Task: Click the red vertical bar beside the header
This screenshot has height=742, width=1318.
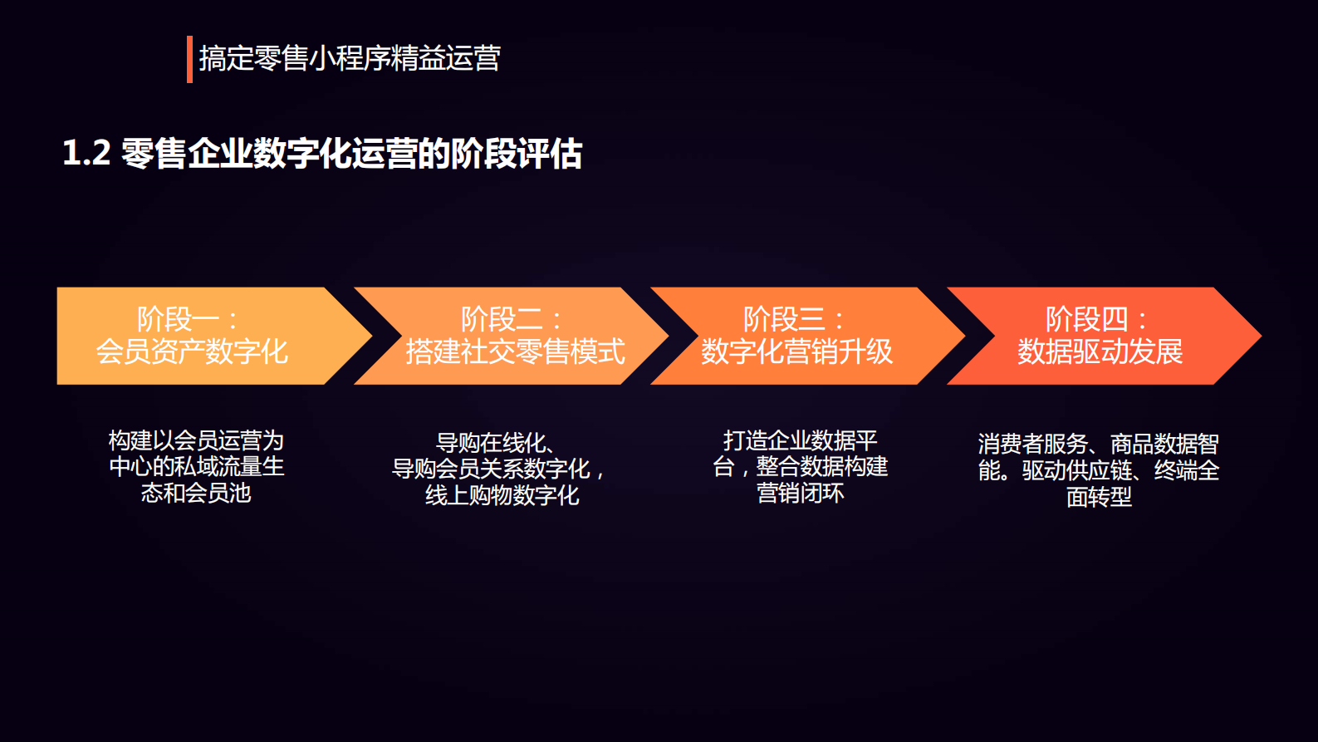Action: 190,59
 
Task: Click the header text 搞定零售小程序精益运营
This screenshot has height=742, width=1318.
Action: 350,58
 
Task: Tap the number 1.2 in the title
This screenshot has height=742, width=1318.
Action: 86,154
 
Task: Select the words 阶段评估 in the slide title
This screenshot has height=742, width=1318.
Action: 516,154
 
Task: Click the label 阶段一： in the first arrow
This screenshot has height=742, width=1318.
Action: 188,319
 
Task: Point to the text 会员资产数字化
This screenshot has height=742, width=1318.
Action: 192,351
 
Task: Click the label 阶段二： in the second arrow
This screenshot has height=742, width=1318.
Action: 512,319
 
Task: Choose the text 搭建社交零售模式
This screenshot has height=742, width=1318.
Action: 515,351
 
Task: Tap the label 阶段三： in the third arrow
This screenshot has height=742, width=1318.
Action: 794,319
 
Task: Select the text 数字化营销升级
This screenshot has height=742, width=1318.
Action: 796,351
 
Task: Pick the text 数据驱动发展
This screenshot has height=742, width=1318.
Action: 1100,351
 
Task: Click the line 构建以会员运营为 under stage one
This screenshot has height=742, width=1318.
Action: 196,440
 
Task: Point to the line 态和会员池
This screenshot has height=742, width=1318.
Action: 196,493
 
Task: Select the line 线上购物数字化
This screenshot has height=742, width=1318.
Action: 502,495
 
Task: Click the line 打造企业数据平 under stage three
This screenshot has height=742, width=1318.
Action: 800,440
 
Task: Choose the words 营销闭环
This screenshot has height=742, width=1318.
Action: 800,493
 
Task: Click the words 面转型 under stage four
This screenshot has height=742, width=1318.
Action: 1099,497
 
